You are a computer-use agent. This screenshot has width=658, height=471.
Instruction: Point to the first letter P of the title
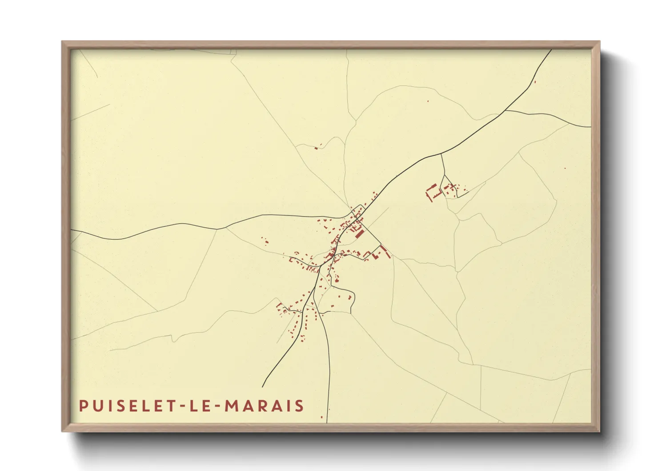tap(83, 406)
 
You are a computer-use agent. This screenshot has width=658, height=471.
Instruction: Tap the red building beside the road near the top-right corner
tap(534, 81)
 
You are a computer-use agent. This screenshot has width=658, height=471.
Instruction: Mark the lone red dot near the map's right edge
tap(565, 168)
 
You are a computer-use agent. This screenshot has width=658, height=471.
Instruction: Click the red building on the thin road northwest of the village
tap(316, 147)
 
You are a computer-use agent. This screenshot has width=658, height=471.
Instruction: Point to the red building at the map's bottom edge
tap(321, 417)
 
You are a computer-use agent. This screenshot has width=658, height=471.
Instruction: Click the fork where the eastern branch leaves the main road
tap(506, 110)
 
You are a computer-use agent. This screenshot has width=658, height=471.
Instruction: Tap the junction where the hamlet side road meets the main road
tap(441, 154)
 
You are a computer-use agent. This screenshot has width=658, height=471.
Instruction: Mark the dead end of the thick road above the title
tap(262, 386)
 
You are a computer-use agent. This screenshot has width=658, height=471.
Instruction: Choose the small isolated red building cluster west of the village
tap(265, 241)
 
